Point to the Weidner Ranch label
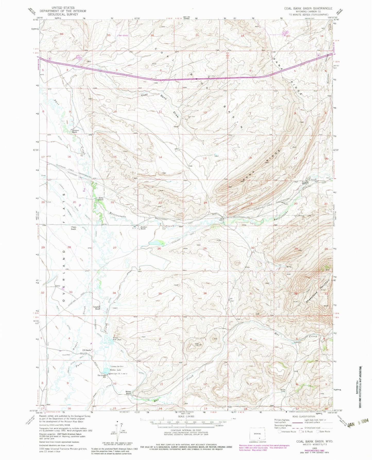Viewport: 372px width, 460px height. tap(143, 228)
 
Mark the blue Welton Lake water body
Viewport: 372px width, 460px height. tap(106, 371)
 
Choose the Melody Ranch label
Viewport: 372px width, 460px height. tap(129, 393)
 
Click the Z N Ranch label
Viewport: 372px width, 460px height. tap(86, 350)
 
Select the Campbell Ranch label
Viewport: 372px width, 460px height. tap(96, 308)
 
